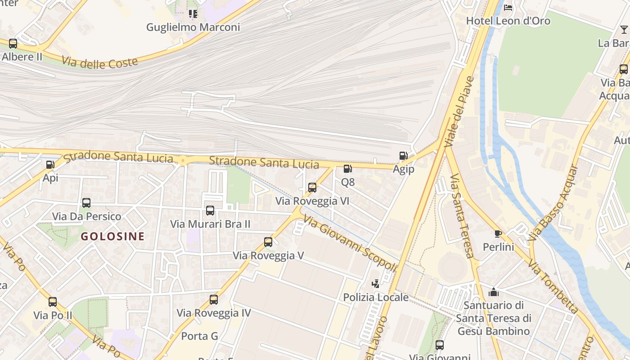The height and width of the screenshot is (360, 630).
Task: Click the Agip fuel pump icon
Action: pos(403,156)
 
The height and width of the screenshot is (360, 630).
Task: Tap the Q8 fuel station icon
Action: pos(347,169)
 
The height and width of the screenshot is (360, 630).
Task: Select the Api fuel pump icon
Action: pos(50,165)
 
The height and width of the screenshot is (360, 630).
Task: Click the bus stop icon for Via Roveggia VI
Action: pos(312,188)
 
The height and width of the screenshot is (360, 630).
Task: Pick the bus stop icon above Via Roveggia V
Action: pos(268,242)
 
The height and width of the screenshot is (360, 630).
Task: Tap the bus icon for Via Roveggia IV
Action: pos(214,299)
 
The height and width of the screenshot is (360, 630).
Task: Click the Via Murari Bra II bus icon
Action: pos(210,210)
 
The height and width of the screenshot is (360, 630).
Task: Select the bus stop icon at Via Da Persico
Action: pos(86,203)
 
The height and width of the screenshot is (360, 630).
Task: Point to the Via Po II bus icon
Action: pos(53,302)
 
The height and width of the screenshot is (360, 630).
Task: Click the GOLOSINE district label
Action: pos(112,236)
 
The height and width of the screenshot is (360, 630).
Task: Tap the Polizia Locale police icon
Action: pos(375,283)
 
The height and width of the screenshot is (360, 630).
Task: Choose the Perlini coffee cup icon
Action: pos(498,233)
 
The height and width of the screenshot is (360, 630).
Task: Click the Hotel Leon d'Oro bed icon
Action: pos(508,7)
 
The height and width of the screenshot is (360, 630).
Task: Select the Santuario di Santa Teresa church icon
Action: pos(494,292)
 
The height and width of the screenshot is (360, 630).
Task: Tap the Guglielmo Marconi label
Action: pos(193,27)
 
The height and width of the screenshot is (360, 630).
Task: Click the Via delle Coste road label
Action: pos(99,62)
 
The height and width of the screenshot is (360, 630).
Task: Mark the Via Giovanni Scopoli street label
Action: pos(350,243)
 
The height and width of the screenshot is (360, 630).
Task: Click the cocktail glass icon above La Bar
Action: pos(624,30)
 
